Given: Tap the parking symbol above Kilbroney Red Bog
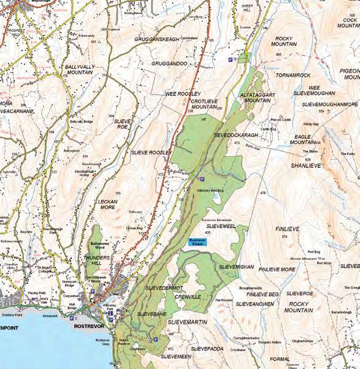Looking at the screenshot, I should (202, 178).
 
